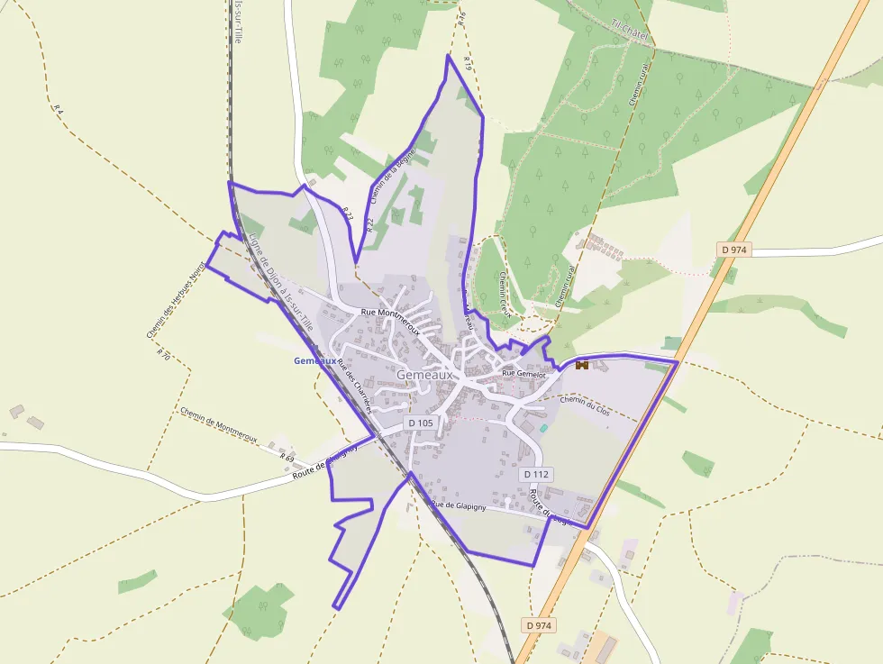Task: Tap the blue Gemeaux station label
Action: tap(314, 361)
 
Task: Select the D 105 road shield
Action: tap(421, 423)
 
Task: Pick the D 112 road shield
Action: tap(535, 474)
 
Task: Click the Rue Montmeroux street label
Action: tap(390, 313)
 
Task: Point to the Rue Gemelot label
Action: tap(524, 372)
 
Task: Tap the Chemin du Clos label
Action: tap(585, 401)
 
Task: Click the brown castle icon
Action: tap(581, 365)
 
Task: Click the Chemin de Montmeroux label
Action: tap(218, 425)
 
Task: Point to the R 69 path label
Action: tap(287, 459)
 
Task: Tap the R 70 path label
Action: tap(163, 352)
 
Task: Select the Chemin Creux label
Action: tap(503, 295)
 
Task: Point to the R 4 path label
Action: tap(59, 108)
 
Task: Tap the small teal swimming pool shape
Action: tap(542, 428)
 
